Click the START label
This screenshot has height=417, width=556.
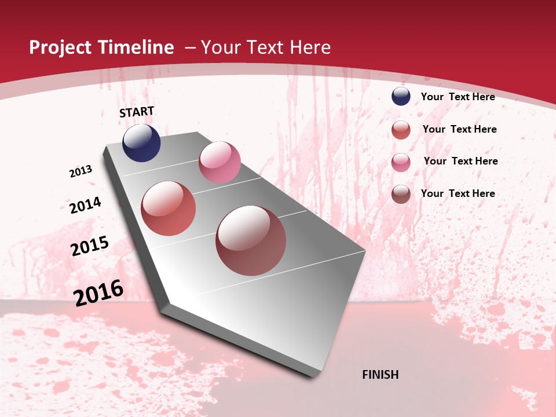click(137, 112)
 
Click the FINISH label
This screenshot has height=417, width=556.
click(380, 375)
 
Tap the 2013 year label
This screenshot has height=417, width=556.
click(81, 171)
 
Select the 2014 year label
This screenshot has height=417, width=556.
click(85, 205)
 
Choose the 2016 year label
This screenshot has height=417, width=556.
click(98, 293)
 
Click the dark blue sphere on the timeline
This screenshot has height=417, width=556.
click(141, 143)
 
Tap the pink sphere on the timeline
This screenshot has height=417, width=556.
click(220, 162)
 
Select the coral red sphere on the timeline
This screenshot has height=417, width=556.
click(169, 209)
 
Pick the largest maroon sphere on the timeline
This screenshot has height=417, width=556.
click(251, 240)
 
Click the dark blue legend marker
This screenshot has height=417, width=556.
click(401, 97)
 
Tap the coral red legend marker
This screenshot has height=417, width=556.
click(401, 130)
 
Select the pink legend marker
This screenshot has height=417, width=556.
click(401, 162)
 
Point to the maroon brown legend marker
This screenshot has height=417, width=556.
click(401, 194)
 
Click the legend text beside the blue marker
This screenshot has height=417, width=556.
click(458, 97)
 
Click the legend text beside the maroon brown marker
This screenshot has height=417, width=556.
click(458, 193)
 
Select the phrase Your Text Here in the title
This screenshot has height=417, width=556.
click(266, 47)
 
